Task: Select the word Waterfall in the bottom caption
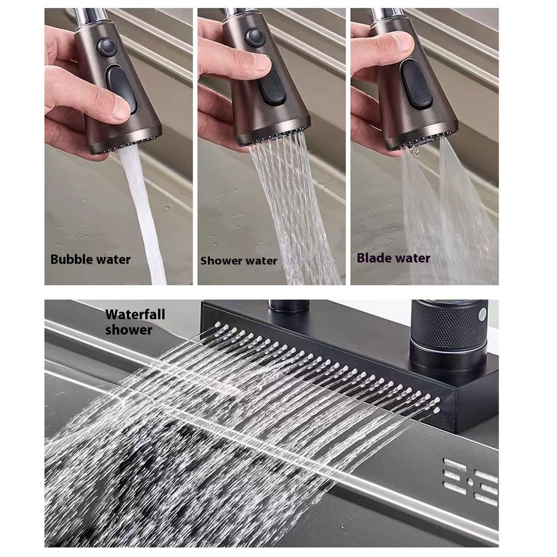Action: [x=135, y=314]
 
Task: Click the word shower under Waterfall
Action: [x=129, y=330]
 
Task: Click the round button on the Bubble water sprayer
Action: [x=106, y=47]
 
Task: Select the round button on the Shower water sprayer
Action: [x=255, y=38]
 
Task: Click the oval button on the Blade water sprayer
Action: [x=416, y=84]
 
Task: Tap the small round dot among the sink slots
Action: [x=470, y=482]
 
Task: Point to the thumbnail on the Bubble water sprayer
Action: [x=119, y=109]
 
